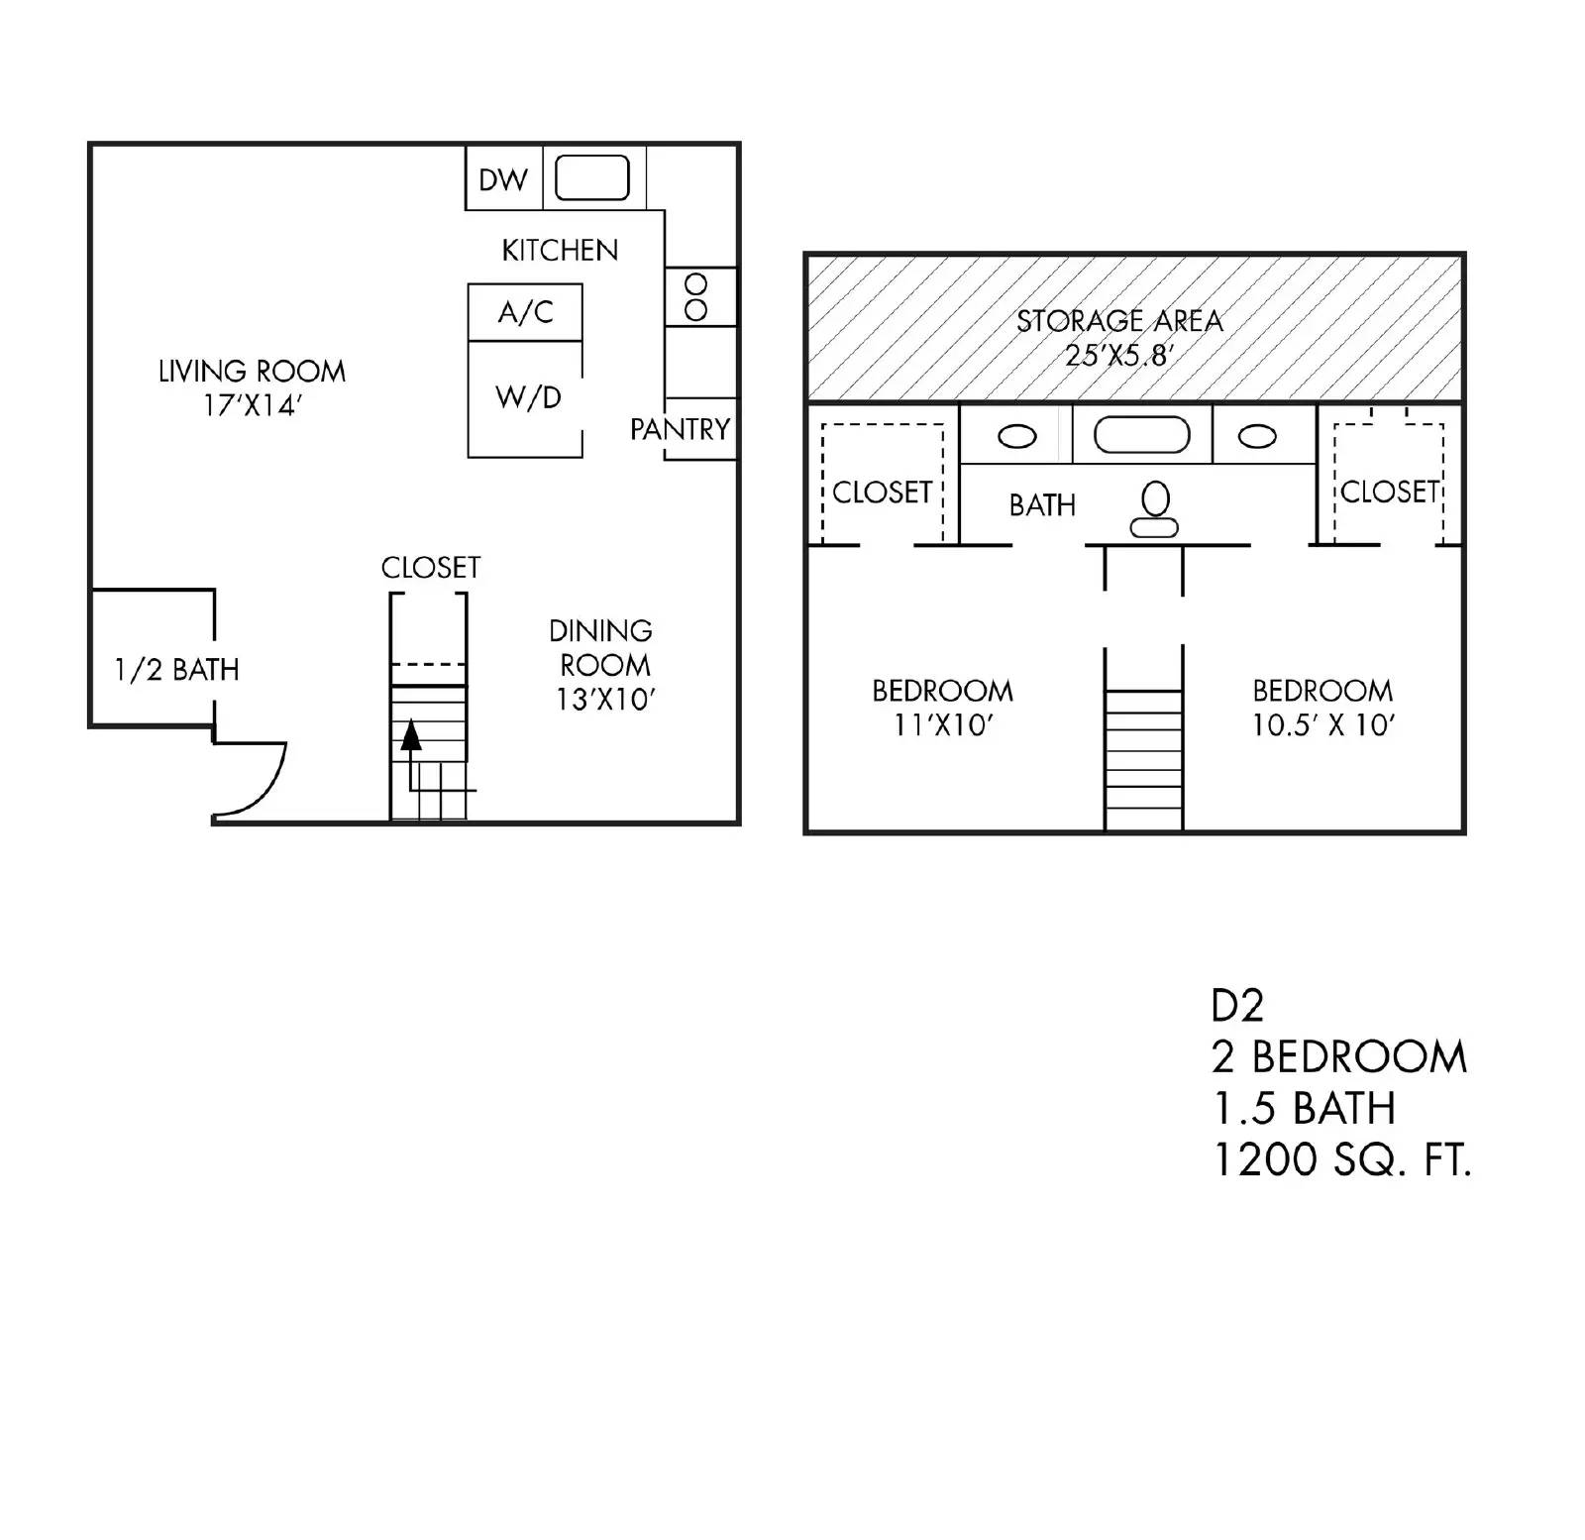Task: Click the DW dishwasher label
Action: pyautogui.click(x=503, y=180)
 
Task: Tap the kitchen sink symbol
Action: pyautogui.click(x=591, y=178)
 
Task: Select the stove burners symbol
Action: pyautogui.click(x=696, y=297)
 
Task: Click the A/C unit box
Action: pyautogui.click(x=525, y=313)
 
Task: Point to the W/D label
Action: pyautogui.click(x=528, y=398)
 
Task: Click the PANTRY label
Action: pyautogui.click(x=680, y=429)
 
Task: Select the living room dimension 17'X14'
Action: pyautogui.click(x=252, y=406)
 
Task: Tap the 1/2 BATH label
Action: pyautogui.click(x=176, y=670)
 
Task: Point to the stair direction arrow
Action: pyautogui.click(x=411, y=735)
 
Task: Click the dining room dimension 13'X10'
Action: pyautogui.click(x=605, y=700)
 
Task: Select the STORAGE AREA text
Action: pyautogui.click(x=1119, y=321)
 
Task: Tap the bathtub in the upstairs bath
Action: pyautogui.click(x=1141, y=435)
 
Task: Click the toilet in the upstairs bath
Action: pyautogui.click(x=1155, y=509)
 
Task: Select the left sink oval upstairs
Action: pyautogui.click(x=1016, y=436)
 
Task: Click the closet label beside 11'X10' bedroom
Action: pyautogui.click(x=882, y=493)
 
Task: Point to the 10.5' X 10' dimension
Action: pyautogui.click(x=1322, y=725)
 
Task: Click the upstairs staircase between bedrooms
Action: pyautogui.click(x=1143, y=759)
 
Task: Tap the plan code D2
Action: pyautogui.click(x=1237, y=1006)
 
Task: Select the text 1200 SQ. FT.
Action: pyautogui.click(x=1341, y=1159)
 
